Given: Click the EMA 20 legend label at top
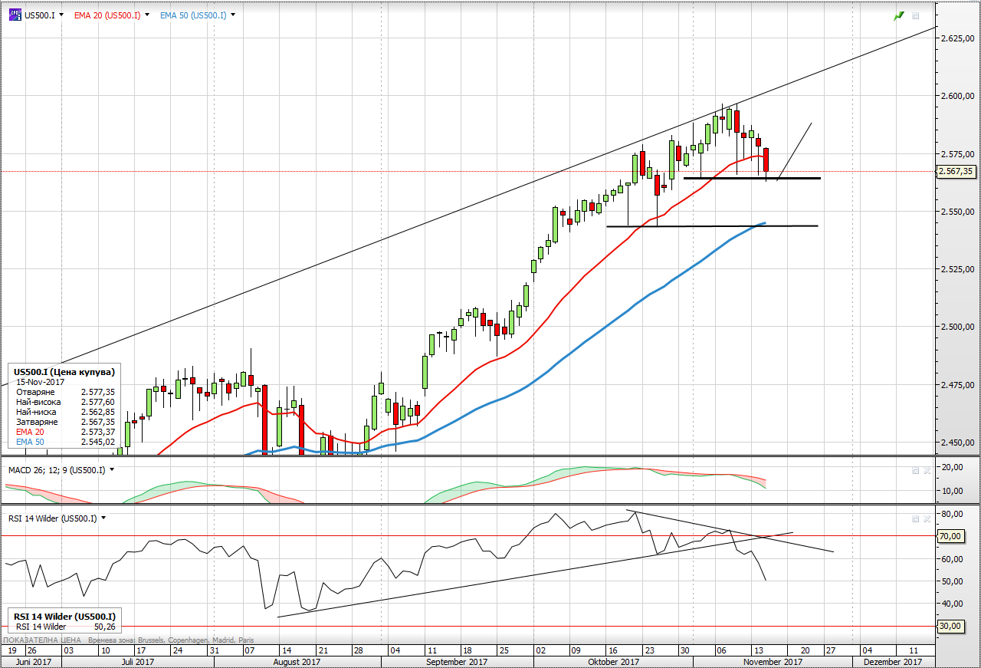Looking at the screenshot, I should click(x=107, y=15).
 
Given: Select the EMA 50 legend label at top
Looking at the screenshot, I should click(x=193, y=15).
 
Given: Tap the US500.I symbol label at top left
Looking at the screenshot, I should click(x=40, y=15).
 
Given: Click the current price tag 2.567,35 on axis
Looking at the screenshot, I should click(x=958, y=172).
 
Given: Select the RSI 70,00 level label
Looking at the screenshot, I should click(x=950, y=536).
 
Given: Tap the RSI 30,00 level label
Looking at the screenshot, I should click(x=950, y=626).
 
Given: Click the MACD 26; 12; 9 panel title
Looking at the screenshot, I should click(x=57, y=469).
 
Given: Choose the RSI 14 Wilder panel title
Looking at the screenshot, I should click(x=52, y=518).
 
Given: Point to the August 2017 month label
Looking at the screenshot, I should click(x=297, y=661).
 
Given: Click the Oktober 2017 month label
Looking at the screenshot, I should click(x=613, y=661).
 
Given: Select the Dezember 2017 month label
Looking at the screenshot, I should click(x=892, y=661).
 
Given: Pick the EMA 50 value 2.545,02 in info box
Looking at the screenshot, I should click(x=97, y=442).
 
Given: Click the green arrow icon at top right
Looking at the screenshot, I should click(x=898, y=15).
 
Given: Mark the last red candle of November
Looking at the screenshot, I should click(x=766, y=160).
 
